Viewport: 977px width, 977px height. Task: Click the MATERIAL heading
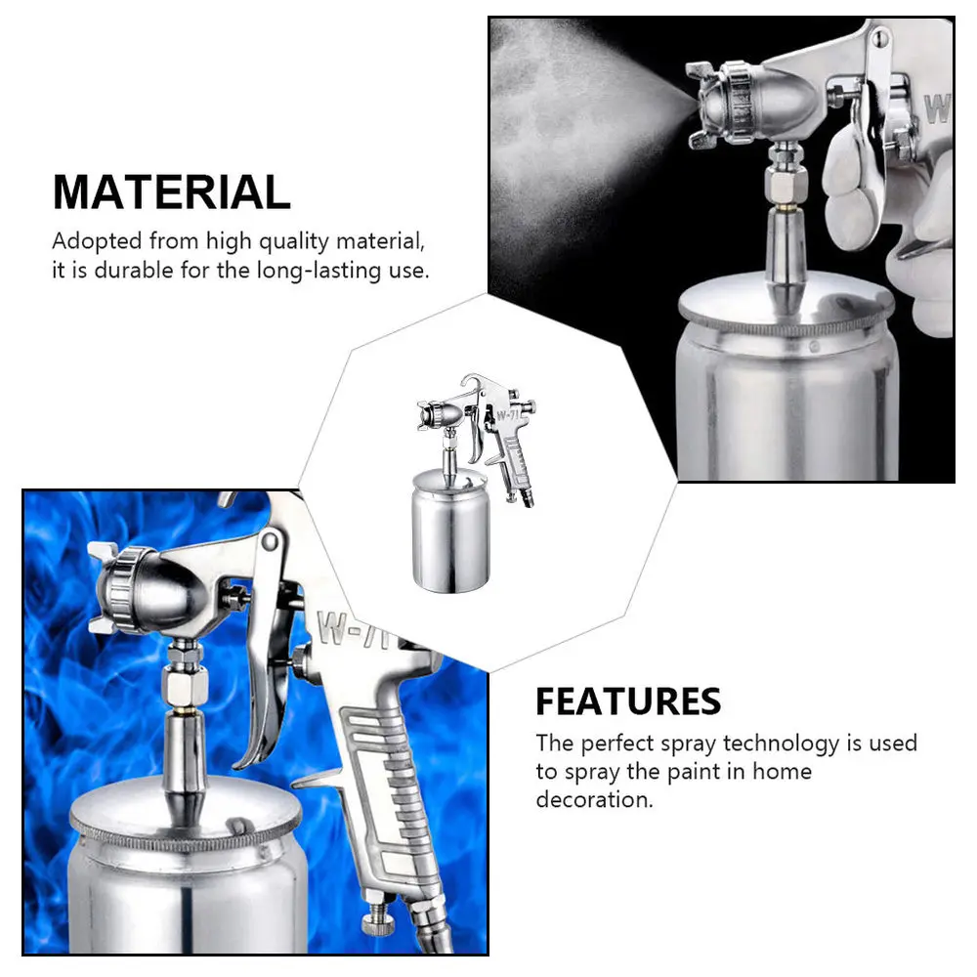tap(171, 191)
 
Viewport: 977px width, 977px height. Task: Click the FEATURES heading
tap(627, 701)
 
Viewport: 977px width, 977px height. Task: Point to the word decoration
tap(594, 799)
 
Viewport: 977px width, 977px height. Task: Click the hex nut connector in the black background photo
tap(784, 176)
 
